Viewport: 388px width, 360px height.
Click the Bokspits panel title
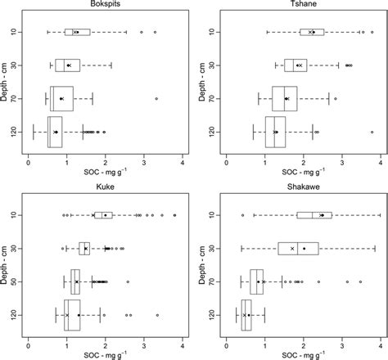tap(105, 7)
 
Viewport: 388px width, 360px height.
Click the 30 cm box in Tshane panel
tap(296, 65)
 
